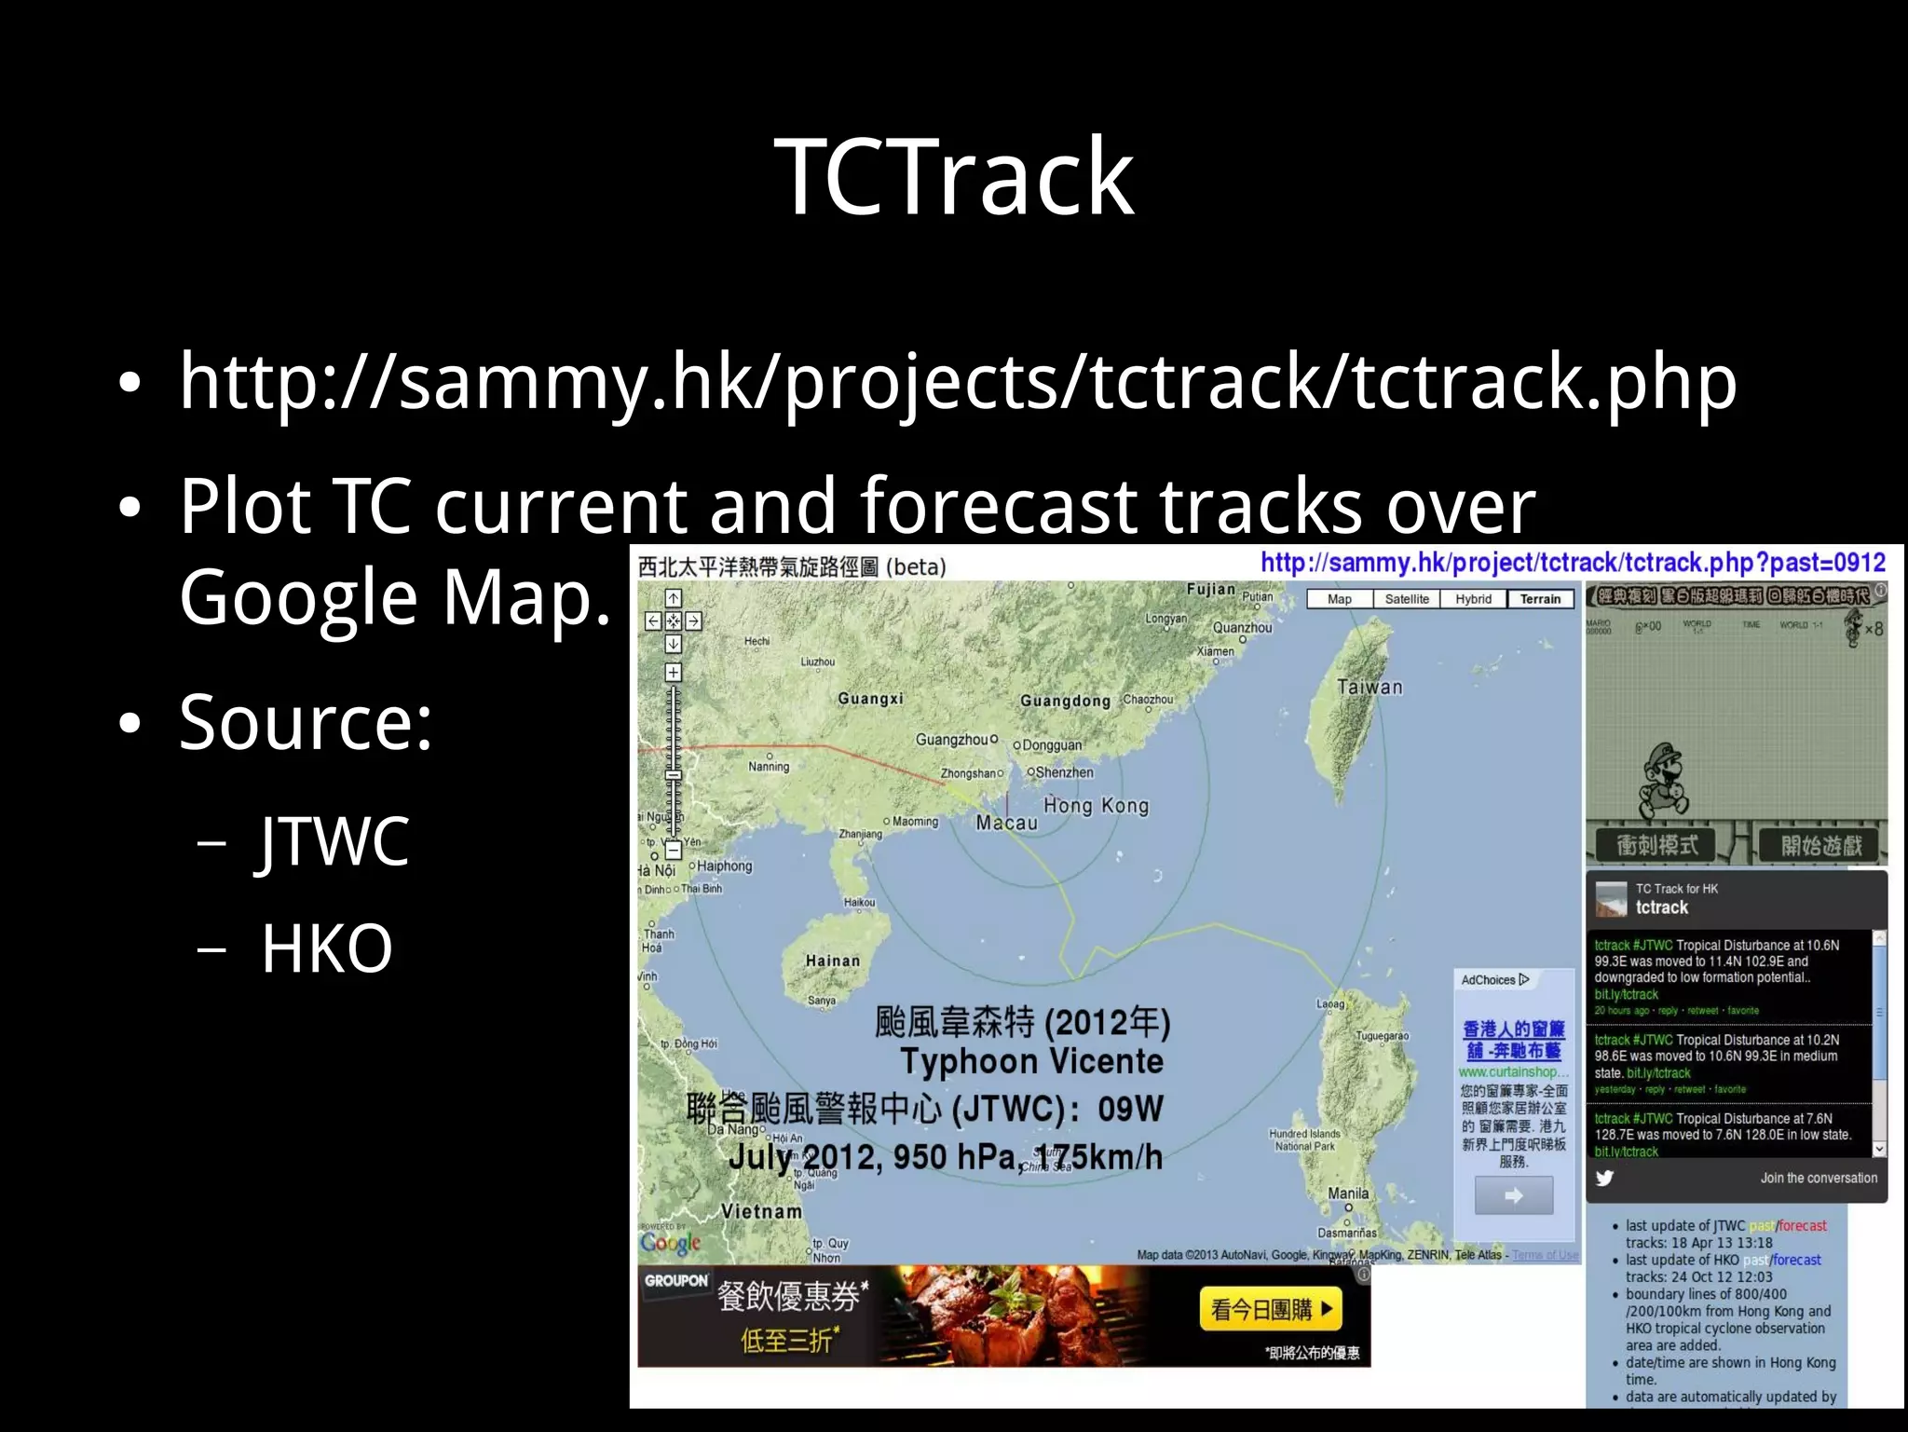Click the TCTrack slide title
tap(953, 177)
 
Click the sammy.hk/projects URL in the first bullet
tap(958, 382)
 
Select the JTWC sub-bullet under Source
tap(334, 841)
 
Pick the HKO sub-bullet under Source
tap(326, 949)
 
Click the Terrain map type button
tap(1539, 599)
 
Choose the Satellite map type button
tap(1406, 599)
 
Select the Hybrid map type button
tap(1473, 599)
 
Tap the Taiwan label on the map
tap(1369, 688)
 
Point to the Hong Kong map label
tap(1096, 806)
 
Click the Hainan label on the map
tap(832, 961)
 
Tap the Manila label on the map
tap(1348, 1193)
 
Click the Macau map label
tap(1005, 824)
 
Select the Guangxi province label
tap(869, 699)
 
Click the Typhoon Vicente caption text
tap(1031, 1061)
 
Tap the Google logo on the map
tap(670, 1243)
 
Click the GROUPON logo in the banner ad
tap(675, 1281)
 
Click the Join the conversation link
tap(1818, 1179)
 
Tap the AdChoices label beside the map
tap(1494, 980)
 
